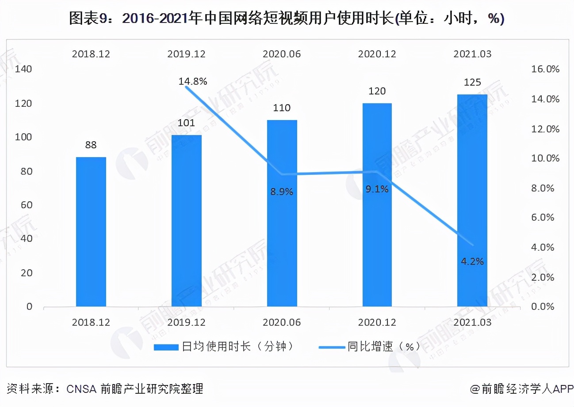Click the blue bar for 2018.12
91,231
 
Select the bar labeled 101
187,221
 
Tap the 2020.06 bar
282,213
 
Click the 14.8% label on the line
193,81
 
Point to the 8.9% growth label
282,192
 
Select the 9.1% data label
377,189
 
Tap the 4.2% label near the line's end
472,261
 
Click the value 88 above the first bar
91,145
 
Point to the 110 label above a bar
282,108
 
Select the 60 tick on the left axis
27,205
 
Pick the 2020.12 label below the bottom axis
377,323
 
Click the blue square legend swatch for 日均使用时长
167,347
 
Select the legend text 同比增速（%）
383,347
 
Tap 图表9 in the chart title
86,19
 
